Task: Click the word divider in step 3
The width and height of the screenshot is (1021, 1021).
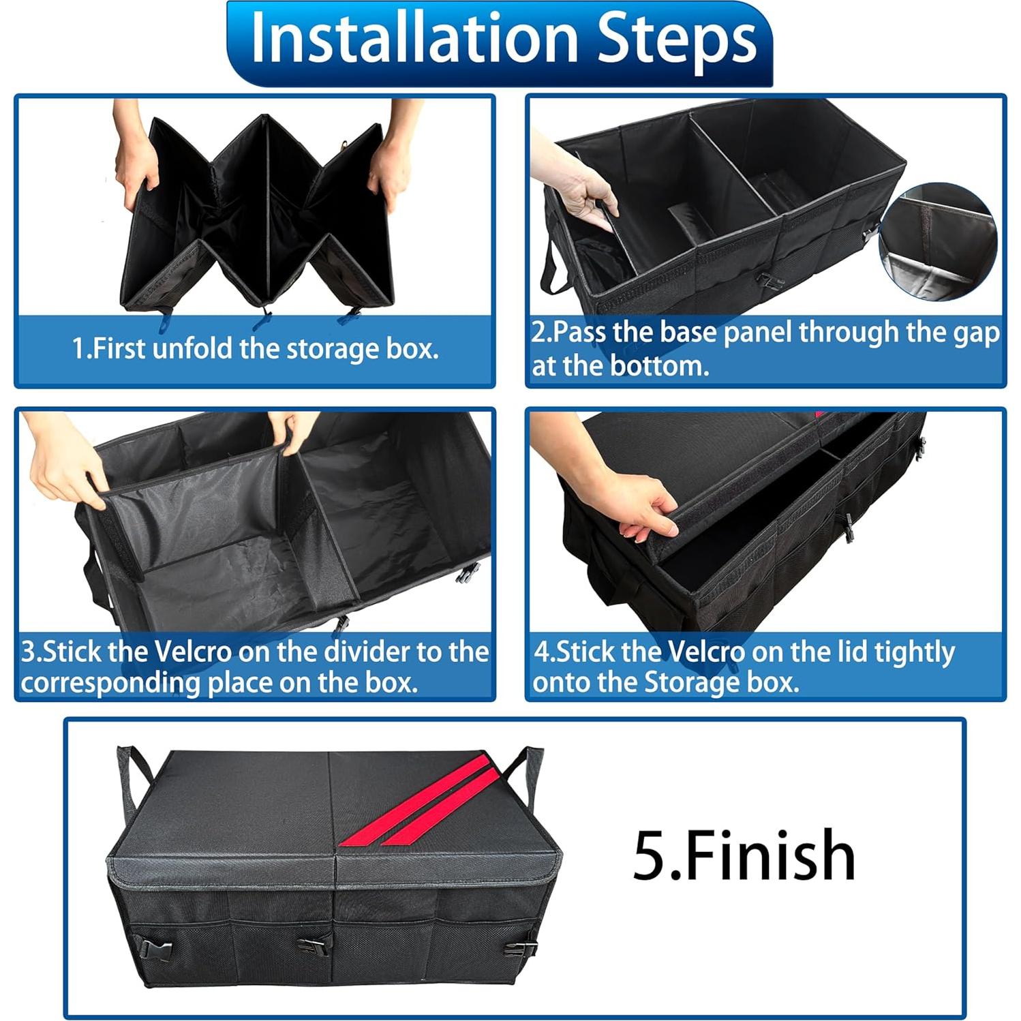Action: pyautogui.click(x=367, y=652)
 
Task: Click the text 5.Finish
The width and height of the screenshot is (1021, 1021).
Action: pyautogui.click(x=743, y=855)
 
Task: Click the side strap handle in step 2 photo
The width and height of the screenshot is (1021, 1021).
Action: pyautogui.click(x=552, y=269)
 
